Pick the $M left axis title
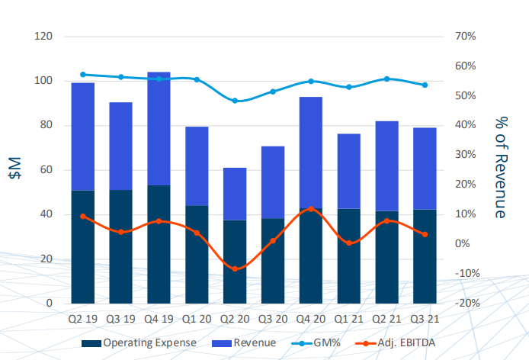[x=14, y=169]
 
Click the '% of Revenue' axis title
[x=501, y=169]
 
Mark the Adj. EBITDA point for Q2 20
[x=235, y=269]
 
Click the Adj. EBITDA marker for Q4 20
[x=311, y=208]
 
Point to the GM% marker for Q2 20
[x=235, y=101]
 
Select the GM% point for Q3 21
[x=425, y=85]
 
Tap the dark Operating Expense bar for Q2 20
[x=235, y=261]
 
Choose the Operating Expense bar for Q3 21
[x=425, y=256]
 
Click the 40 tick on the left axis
[x=46, y=214]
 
